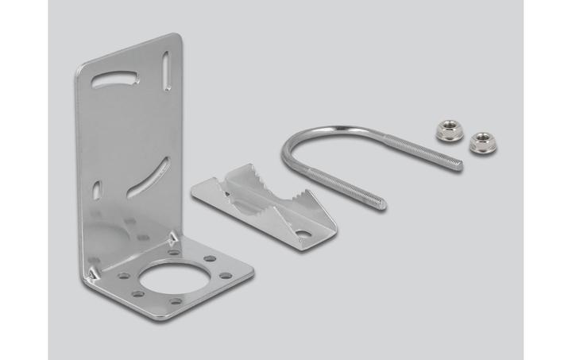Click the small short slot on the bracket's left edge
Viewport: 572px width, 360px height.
pyautogui.click(x=97, y=191)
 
